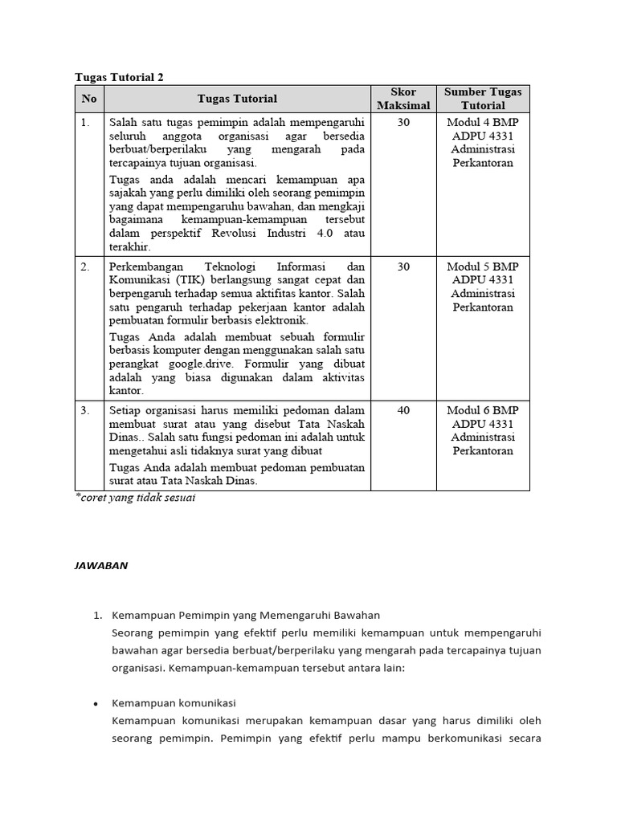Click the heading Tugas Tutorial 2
coord(120,77)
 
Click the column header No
coord(89,99)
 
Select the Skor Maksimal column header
coord(403,99)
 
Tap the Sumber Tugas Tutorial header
coord(483,99)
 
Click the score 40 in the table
coord(403,410)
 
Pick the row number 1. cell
coord(86,122)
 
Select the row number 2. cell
coord(86,267)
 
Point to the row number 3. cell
coord(86,410)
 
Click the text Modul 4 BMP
coord(483,122)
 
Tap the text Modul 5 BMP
coord(483,267)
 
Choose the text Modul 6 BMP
coord(483,410)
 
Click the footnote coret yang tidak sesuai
coord(136,498)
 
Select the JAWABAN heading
coord(101,565)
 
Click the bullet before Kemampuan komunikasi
coord(96,703)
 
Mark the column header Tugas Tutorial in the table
coord(237,99)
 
